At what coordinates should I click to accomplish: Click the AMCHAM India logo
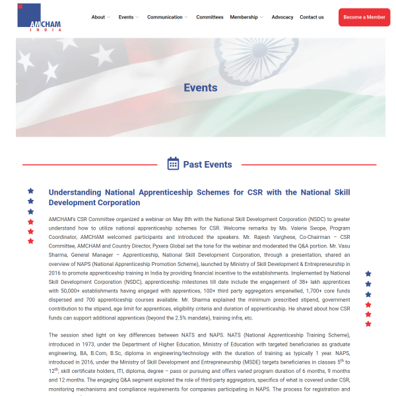[x=39, y=17]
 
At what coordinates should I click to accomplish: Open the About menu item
[x=98, y=17]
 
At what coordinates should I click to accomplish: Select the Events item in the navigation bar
[x=126, y=17]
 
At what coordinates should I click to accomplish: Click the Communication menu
[x=165, y=17]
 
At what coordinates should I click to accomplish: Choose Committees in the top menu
[x=210, y=17]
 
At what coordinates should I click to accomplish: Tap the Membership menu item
[x=244, y=17]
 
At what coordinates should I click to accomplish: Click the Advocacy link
[x=282, y=17]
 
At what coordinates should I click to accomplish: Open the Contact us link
[x=312, y=17]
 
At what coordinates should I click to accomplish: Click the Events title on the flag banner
[x=200, y=87]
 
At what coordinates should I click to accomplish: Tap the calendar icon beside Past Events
[x=174, y=164]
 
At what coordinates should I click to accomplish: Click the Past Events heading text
[x=208, y=164]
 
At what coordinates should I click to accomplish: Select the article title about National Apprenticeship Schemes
[x=199, y=197]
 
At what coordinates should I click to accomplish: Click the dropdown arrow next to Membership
[x=262, y=18]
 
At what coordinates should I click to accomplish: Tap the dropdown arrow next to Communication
[x=186, y=18]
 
